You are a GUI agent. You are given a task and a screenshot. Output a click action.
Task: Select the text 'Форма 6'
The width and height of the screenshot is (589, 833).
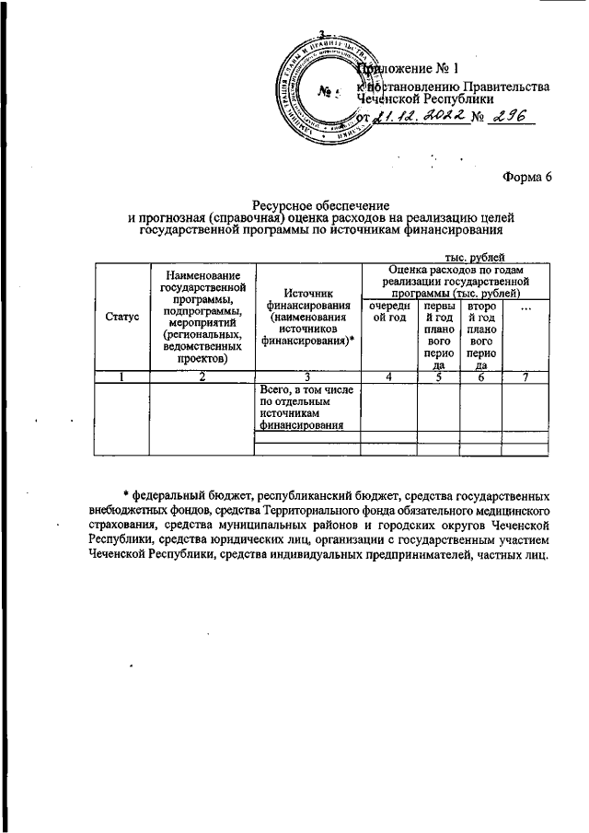click(526, 177)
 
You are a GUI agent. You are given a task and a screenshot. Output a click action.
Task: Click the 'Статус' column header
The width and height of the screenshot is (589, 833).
click(121, 316)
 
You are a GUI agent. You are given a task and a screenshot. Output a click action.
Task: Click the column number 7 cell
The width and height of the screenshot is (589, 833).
click(525, 376)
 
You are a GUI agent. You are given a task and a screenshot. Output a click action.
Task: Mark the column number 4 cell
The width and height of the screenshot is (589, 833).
click(387, 376)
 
